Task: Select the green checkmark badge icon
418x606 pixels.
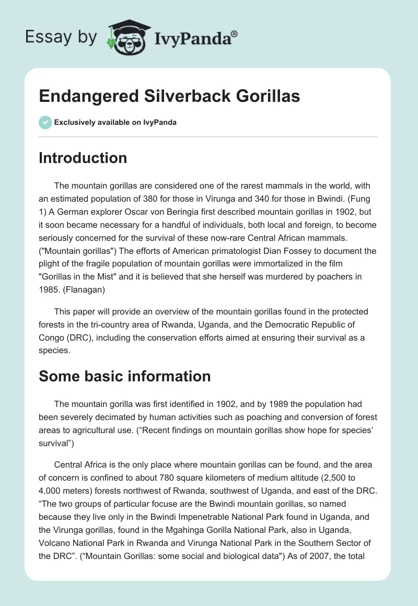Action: tap(45, 122)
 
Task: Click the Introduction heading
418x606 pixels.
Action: tap(83, 158)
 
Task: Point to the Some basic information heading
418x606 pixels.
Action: tap(124, 376)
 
